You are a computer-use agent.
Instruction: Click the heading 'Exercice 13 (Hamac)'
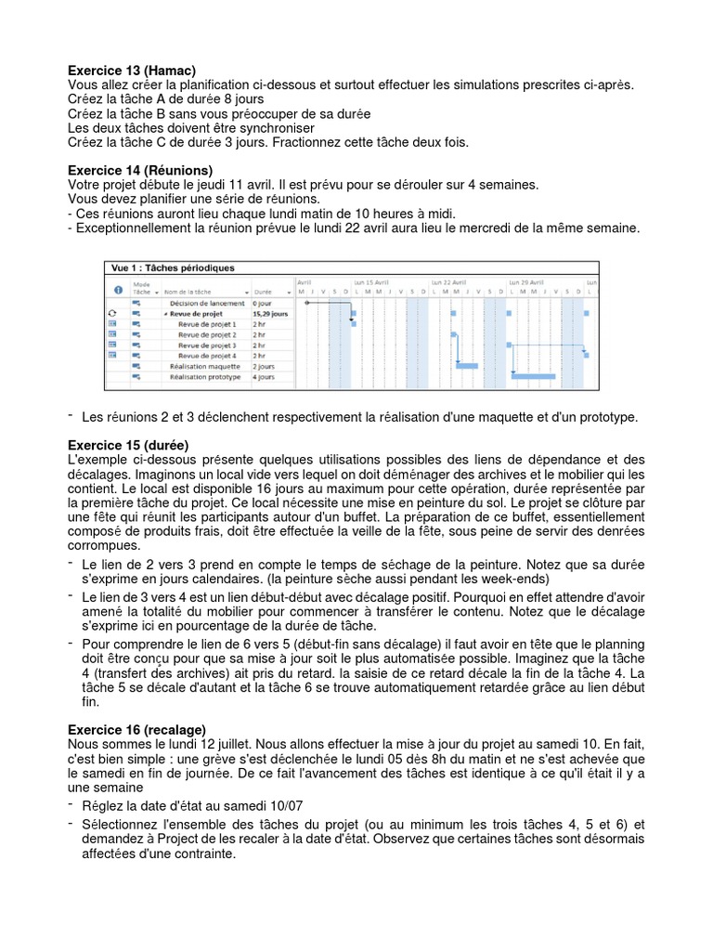point(132,71)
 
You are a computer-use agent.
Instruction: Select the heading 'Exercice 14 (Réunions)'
point(140,171)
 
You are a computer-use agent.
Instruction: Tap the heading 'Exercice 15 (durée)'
point(128,445)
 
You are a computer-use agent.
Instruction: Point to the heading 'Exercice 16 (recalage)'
point(137,730)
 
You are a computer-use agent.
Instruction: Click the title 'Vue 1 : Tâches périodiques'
point(173,267)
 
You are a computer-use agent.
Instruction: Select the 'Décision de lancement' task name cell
point(207,304)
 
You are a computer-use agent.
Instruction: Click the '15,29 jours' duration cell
point(270,314)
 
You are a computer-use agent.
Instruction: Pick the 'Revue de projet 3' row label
point(207,345)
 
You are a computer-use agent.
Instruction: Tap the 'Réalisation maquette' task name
point(204,366)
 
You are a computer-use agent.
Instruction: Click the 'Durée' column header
point(264,292)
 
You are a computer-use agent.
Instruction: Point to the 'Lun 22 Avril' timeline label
point(449,280)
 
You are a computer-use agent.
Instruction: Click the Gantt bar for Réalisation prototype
point(533,376)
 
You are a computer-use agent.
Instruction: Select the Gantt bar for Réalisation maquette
point(466,366)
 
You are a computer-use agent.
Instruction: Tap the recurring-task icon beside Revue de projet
point(112,314)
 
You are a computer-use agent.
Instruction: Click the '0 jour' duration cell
point(262,304)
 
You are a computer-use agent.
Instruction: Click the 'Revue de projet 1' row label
point(207,324)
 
